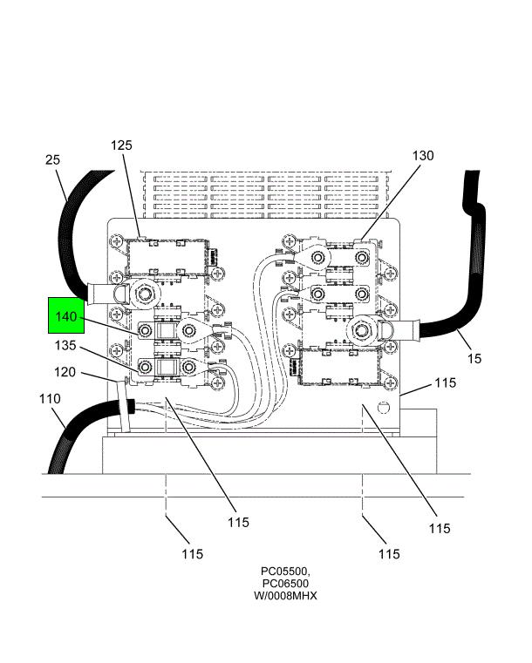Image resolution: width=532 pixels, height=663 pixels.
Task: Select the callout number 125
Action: (121, 145)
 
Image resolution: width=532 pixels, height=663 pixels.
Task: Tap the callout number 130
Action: (422, 156)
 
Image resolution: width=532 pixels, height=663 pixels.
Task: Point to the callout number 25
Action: (53, 159)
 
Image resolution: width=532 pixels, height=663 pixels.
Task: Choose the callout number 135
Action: (65, 346)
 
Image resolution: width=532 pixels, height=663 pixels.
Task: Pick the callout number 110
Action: (50, 399)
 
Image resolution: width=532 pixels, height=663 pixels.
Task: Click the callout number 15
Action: (474, 358)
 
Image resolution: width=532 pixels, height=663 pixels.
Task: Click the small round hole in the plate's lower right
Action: (381, 408)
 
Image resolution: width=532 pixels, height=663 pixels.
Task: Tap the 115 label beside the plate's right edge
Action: (446, 382)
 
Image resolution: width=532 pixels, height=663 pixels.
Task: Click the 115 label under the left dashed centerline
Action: (193, 553)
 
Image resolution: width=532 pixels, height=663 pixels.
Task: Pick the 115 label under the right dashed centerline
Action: (389, 553)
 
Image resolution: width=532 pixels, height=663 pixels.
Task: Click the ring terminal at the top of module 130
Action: (318, 257)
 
